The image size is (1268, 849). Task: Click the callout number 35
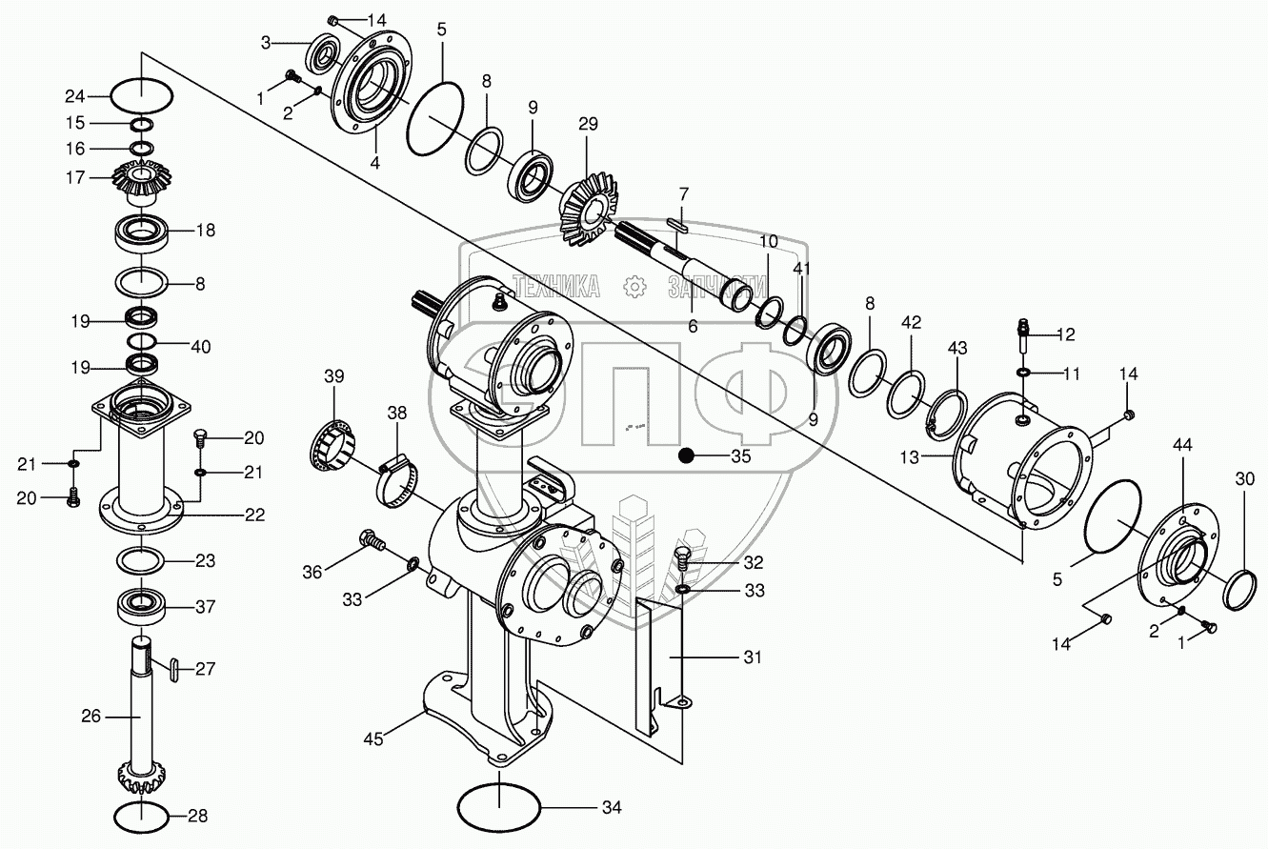click(740, 456)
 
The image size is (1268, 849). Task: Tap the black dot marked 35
click(684, 456)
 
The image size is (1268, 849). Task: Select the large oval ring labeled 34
click(500, 807)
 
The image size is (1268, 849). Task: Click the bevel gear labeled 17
click(142, 179)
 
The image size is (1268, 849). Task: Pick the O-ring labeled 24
click(142, 95)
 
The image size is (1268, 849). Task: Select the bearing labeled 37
click(142, 607)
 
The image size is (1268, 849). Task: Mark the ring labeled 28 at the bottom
click(142, 816)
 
